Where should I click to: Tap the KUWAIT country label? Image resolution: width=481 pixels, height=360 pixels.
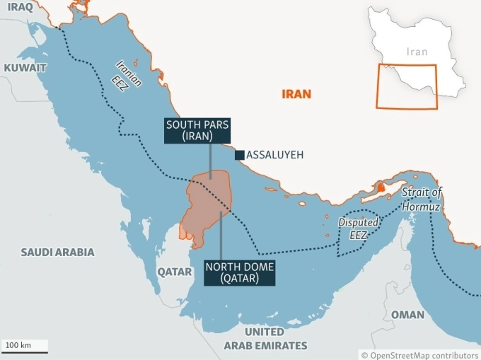click(25, 68)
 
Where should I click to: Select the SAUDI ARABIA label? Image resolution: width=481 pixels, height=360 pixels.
click(57, 252)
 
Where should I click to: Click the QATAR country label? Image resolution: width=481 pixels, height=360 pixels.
click(174, 272)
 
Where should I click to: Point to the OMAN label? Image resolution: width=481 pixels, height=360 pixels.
click(407, 315)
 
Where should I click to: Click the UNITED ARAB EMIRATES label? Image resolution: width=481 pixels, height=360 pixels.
click(265, 339)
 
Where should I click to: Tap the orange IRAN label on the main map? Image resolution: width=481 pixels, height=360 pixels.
click(296, 93)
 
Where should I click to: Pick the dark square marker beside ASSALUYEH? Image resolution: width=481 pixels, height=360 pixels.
click(240, 155)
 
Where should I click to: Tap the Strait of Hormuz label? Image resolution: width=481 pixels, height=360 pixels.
click(422, 199)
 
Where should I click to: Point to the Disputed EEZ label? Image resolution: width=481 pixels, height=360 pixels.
click(358, 228)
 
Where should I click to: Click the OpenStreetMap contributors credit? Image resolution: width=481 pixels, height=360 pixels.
click(419, 354)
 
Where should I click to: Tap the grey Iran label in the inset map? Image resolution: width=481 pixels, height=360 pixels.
click(417, 52)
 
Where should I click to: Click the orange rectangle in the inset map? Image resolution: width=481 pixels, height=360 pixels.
click(406, 86)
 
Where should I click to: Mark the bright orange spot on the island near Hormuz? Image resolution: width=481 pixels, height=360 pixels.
click(381, 188)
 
